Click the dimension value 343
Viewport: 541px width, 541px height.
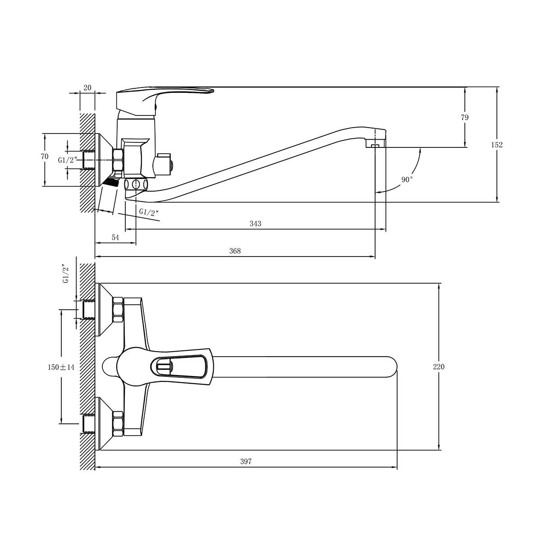click(255, 224)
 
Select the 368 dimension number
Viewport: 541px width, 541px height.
click(235, 251)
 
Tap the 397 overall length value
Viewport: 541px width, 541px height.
click(246, 462)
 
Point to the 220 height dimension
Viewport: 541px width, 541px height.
click(439, 367)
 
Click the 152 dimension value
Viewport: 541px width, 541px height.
click(497, 145)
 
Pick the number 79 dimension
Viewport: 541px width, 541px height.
click(465, 117)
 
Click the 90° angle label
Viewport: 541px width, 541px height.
click(407, 179)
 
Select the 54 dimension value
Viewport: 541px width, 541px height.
click(115, 238)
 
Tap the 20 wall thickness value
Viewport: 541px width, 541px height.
click(87, 87)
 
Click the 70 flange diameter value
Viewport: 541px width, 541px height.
click(45, 156)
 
